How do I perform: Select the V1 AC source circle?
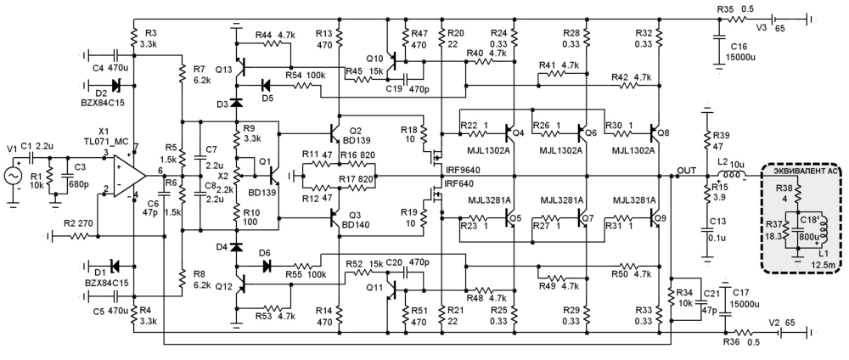pyautogui.click(x=14, y=176)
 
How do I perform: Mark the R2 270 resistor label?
pyautogui.click(x=78, y=222)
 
